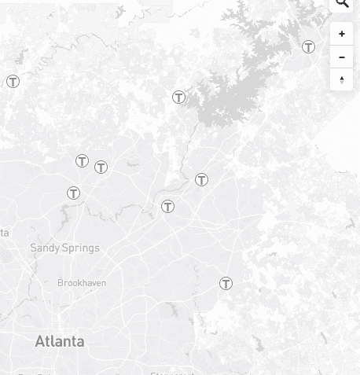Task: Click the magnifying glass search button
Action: click(x=342, y=4)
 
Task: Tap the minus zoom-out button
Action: click(x=342, y=57)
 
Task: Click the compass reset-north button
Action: click(x=342, y=79)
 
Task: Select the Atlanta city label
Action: click(x=60, y=341)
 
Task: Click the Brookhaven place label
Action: click(x=82, y=283)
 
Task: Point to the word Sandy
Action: click(x=45, y=248)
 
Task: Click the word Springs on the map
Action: click(x=82, y=248)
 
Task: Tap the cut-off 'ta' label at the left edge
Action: click(x=4, y=233)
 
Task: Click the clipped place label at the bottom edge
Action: click(x=171, y=373)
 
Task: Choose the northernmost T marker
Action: click(x=309, y=47)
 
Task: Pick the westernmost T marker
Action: click(x=13, y=81)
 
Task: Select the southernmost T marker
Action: click(x=226, y=283)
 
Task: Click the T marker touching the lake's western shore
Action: click(x=179, y=97)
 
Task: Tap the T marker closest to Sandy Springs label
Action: click(x=73, y=193)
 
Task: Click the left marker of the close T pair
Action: click(x=82, y=161)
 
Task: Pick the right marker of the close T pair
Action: click(x=101, y=167)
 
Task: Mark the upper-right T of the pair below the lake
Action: click(x=202, y=180)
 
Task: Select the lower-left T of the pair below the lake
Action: click(x=167, y=207)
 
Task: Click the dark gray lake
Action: click(x=236, y=86)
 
